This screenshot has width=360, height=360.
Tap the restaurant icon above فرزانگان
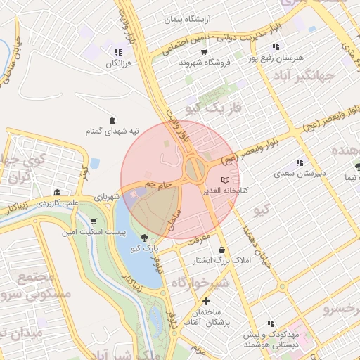(118, 52)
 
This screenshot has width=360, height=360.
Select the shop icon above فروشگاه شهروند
(204, 51)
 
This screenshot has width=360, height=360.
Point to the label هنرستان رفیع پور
(274, 57)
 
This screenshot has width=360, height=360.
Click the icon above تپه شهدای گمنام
(112, 120)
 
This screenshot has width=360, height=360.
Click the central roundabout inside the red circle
(195, 169)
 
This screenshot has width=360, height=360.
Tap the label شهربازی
(108, 198)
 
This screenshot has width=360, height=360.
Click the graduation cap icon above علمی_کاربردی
(56, 192)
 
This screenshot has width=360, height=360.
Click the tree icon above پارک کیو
(145, 238)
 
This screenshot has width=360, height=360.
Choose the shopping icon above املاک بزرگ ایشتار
(222, 250)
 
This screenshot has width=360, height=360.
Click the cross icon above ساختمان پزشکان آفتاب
(205, 301)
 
